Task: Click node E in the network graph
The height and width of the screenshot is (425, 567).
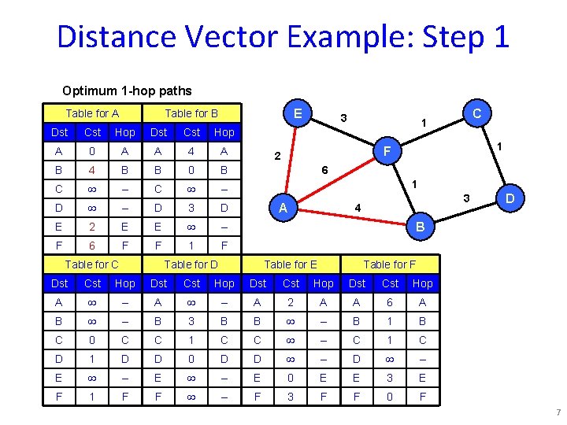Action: [297, 113]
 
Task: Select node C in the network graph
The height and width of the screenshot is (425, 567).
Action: [476, 113]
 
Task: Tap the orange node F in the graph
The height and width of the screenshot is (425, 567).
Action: [387, 150]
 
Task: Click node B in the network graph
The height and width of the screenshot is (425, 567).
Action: [422, 227]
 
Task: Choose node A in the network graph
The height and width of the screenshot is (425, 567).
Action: [281, 208]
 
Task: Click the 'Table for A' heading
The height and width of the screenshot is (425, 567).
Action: [92, 113]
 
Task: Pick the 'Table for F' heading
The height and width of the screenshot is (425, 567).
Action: [390, 264]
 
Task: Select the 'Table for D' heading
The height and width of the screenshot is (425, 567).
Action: [191, 264]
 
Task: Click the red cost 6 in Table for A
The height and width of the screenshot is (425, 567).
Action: [92, 246]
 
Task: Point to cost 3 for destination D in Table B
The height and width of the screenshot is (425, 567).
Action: [191, 208]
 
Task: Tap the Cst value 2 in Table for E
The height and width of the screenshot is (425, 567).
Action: [291, 302]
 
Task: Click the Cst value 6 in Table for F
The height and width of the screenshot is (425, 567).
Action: [390, 302]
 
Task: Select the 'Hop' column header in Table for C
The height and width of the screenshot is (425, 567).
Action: [125, 283]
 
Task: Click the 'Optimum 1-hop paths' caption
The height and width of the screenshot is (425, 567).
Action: [127, 91]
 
